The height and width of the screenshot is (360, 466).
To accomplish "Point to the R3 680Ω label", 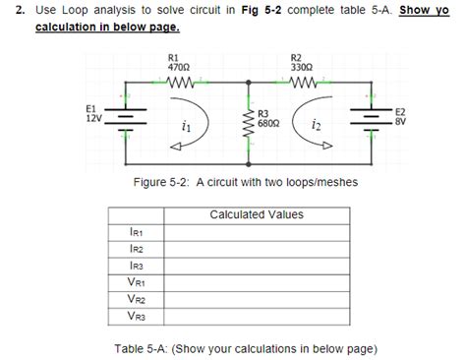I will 270,119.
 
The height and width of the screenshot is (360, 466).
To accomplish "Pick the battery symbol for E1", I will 124,116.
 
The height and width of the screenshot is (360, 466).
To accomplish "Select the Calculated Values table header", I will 257,214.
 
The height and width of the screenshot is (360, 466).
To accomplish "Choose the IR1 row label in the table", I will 136,233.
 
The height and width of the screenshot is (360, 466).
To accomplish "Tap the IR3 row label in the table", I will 136,267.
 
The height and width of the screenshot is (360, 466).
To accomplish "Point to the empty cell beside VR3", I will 257,317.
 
